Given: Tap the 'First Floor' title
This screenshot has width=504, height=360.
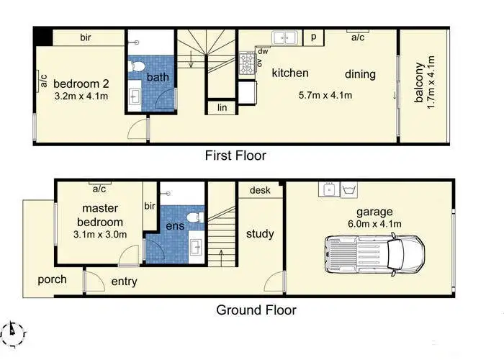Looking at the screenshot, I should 235,156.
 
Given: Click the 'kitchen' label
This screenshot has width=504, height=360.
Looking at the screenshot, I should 290,73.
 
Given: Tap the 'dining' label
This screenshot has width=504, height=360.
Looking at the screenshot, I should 360,73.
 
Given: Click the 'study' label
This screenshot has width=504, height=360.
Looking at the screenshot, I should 260,234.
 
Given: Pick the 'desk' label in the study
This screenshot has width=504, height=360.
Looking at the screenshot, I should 260,190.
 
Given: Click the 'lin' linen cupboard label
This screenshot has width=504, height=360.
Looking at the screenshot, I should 221,108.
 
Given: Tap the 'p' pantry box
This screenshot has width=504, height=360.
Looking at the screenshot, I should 314,37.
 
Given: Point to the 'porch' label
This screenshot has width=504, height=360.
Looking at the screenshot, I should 52,279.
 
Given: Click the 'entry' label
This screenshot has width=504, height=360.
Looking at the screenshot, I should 124,282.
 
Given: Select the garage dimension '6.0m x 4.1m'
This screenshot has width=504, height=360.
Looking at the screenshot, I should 374,223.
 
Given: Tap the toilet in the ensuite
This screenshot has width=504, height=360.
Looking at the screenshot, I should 192,217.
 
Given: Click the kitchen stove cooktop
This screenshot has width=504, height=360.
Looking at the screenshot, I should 247,67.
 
